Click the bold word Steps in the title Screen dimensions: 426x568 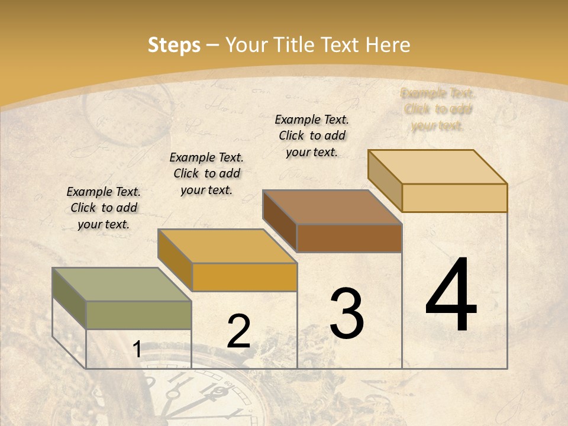(174, 45)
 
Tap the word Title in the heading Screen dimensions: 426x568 (294, 45)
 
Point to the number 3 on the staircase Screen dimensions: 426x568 (347, 314)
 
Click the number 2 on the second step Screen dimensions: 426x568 (238, 331)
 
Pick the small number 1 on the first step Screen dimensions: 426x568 (137, 350)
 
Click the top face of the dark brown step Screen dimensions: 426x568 (332, 207)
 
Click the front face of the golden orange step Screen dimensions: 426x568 (244, 277)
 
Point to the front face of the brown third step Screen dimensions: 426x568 (349, 238)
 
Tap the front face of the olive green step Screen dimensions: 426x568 (139, 315)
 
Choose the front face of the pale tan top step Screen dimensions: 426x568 (454, 198)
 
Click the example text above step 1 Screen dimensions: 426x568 (104, 208)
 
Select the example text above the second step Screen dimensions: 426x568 (206, 173)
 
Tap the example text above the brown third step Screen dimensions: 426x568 (312, 135)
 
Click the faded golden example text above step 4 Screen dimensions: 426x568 (438, 109)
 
